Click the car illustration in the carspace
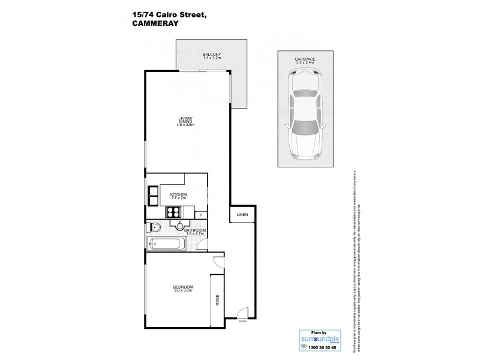click(305, 115)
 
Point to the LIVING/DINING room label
click(185, 121)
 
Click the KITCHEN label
click(179, 196)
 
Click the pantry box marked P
click(200, 214)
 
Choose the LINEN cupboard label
click(242, 214)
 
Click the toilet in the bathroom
click(153, 227)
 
